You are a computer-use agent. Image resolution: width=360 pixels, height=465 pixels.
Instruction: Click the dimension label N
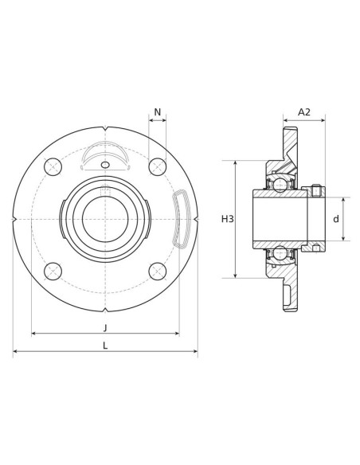click(x=158, y=112)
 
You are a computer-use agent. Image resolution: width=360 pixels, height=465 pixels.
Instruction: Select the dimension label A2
click(x=304, y=112)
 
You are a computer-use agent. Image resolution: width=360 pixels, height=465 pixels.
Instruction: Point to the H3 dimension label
click(x=228, y=219)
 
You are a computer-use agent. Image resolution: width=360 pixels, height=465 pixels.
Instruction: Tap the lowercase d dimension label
click(x=336, y=219)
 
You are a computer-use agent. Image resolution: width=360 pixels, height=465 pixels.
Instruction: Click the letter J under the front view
click(x=105, y=327)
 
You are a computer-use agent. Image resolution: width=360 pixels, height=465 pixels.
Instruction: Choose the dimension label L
click(x=105, y=345)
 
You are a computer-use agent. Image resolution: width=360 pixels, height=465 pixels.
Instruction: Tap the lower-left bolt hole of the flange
click(x=53, y=272)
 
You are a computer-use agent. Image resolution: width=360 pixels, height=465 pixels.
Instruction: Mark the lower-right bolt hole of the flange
click(x=158, y=272)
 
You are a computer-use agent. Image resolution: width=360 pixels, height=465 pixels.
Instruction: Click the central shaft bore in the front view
click(x=105, y=219)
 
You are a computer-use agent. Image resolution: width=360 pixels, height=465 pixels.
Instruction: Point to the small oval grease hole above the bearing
click(x=105, y=165)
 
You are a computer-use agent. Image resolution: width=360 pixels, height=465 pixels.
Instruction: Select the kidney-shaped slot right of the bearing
click(x=182, y=219)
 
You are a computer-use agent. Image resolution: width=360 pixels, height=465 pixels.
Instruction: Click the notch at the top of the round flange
click(x=105, y=129)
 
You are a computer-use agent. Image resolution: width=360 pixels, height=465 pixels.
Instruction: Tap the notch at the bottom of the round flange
click(x=105, y=310)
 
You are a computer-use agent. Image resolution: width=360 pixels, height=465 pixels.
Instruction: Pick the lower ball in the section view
click(x=280, y=253)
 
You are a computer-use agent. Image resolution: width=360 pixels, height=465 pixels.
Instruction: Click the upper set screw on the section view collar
click(x=316, y=190)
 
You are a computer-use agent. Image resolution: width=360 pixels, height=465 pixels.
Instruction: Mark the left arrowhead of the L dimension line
click(x=15, y=351)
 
